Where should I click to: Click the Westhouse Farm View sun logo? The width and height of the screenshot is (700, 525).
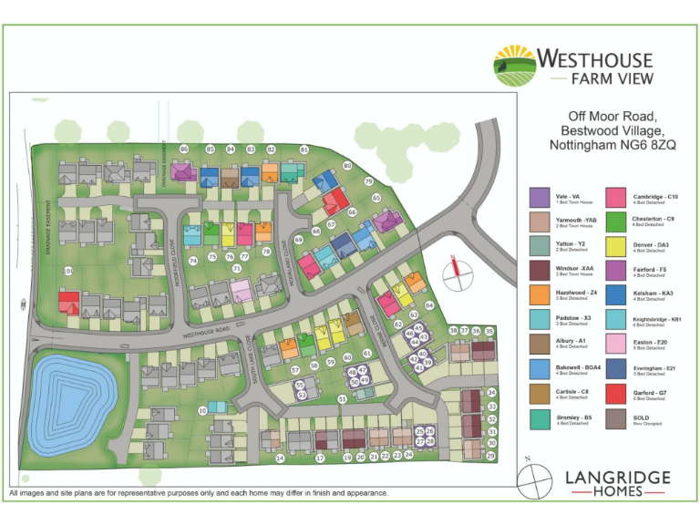click(x=514, y=66)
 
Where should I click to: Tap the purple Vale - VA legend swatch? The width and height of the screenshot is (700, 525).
click(x=540, y=197)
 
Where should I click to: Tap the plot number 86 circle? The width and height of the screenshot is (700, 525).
click(x=184, y=149)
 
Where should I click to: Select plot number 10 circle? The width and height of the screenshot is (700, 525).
click(x=202, y=411)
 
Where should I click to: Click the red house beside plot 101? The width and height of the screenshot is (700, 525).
click(x=69, y=302)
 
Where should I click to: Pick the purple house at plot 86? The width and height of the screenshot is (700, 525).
click(x=183, y=171)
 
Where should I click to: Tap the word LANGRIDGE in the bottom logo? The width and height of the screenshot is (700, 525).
click(x=617, y=478)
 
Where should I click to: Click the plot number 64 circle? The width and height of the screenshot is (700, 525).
click(x=429, y=305)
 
